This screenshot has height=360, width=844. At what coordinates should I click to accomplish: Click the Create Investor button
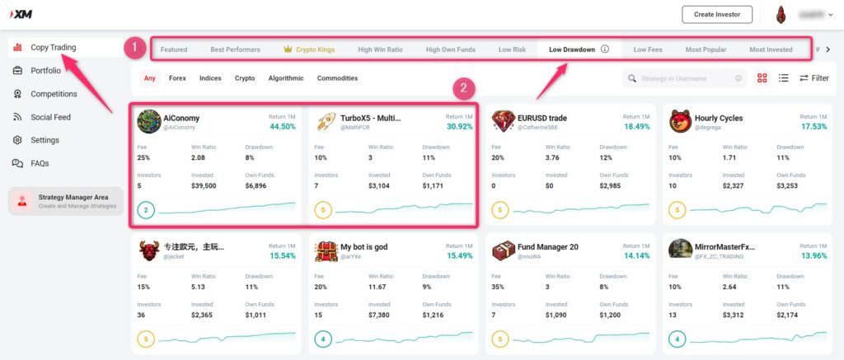pos(717,14)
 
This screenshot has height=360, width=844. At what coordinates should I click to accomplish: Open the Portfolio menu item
pos(45,71)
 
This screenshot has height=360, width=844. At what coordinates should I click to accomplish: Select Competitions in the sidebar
pos(54,94)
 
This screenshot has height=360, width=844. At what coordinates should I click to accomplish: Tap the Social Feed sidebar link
pos(50,117)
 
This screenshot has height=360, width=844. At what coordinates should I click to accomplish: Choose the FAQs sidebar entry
pos(40,163)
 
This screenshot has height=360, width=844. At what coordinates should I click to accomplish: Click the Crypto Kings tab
pos(309,49)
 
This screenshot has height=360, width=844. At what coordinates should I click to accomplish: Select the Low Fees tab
pos(648,49)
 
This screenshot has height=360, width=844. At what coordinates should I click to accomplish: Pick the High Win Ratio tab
pos(380,49)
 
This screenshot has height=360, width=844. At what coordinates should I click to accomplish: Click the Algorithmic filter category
pos(286,78)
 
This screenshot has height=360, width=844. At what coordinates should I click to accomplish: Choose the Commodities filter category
pos(337,78)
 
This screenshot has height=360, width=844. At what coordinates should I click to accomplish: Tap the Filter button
pos(814,78)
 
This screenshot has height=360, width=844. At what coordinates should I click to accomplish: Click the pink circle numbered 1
pos(134,48)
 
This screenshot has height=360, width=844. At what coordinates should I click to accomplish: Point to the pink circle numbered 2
pos(464,87)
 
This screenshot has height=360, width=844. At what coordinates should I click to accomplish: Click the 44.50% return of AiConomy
pos(282,127)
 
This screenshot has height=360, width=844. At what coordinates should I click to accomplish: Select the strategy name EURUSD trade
pos(542,118)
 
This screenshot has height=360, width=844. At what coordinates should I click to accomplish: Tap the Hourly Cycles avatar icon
pos(680,121)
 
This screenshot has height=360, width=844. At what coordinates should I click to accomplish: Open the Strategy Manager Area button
pos(66,202)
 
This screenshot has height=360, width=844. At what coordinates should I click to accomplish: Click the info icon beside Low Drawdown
pos(605,49)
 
